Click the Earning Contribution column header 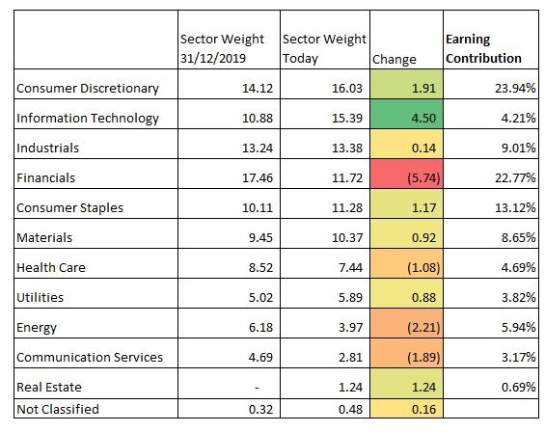click(483, 48)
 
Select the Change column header click(395, 60)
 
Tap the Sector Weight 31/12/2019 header click(222, 48)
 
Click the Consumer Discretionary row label click(88, 89)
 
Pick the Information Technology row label click(88, 119)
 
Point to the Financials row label click(46, 178)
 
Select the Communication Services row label click(90, 358)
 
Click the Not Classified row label click(58, 409)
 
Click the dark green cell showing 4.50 click(406, 114)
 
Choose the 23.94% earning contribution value click(515, 89)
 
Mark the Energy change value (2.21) click(423, 328)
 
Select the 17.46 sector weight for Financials click(258, 178)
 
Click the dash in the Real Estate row click(257, 388)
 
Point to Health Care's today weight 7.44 click(350, 268)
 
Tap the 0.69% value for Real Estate click(518, 388)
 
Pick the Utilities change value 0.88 click(423, 298)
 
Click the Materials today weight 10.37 click(347, 238)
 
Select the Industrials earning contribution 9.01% click(518, 148)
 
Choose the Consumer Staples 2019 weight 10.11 click(258, 208)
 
